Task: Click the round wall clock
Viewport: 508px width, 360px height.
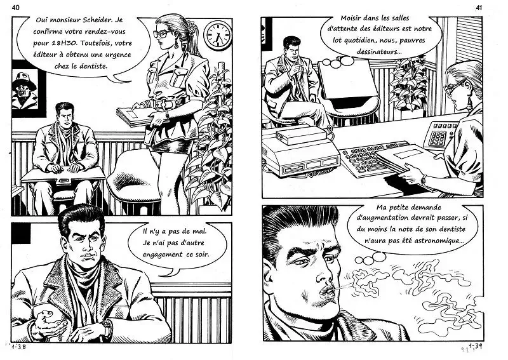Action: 218,36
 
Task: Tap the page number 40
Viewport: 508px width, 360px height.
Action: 15,8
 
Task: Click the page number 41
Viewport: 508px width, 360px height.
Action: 479,8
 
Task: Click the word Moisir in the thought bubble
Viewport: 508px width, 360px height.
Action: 351,18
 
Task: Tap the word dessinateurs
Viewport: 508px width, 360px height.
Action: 377,51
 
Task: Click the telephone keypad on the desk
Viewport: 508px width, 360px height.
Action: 438,137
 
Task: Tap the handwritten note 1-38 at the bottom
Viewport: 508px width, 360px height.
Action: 18,347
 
